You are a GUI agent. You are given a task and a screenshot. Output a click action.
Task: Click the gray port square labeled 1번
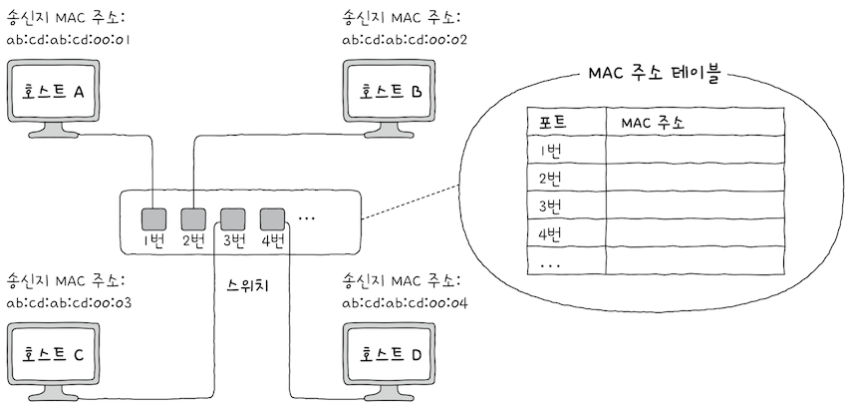coord(152,217)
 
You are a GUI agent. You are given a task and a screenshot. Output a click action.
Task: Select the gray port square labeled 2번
coord(192,217)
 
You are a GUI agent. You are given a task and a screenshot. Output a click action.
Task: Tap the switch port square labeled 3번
coord(232,217)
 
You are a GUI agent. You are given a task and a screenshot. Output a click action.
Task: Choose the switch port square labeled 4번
coord(272,217)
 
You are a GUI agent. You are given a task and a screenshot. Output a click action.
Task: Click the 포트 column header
coord(554,123)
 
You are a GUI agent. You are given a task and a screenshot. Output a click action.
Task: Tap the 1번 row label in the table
coord(550,151)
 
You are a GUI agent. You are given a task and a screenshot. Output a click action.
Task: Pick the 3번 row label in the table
coord(551,207)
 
